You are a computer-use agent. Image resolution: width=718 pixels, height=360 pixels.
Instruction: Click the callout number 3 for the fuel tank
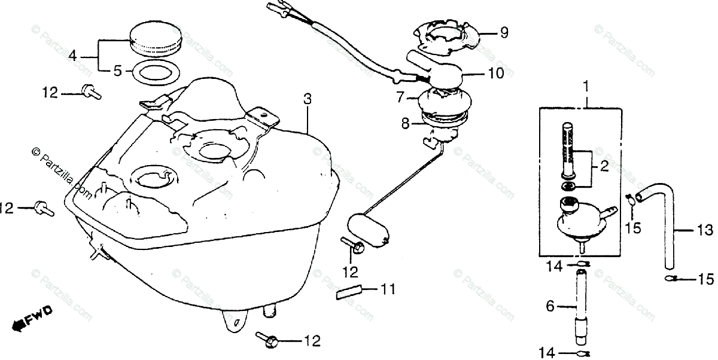[x=307, y=100]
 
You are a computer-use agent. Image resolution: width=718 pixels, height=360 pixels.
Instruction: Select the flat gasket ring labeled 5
[x=154, y=72]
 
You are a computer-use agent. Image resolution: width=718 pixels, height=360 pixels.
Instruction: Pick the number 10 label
[x=496, y=73]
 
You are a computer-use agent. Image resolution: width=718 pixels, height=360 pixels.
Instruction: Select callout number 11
[x=388, y=290]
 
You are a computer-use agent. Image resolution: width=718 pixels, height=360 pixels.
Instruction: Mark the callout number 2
[x=604, y=167]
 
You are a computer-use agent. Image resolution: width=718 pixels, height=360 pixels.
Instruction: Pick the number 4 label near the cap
[x=72, y=57]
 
